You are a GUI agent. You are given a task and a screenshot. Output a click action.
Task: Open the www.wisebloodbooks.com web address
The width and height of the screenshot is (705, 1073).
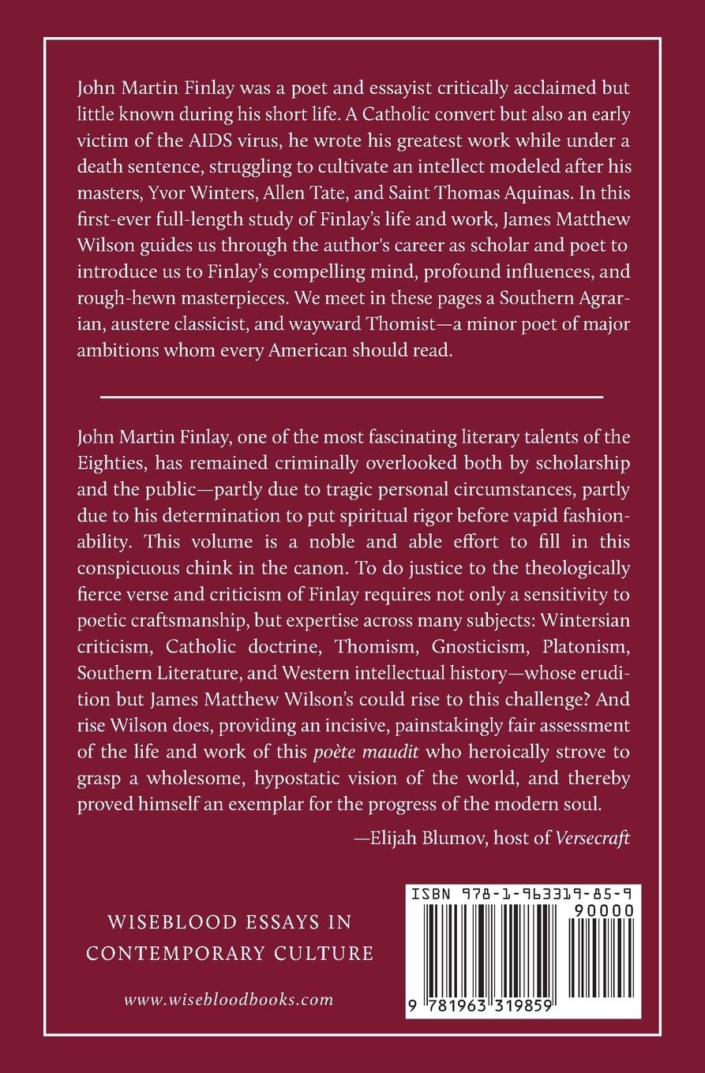coord(229,999)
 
